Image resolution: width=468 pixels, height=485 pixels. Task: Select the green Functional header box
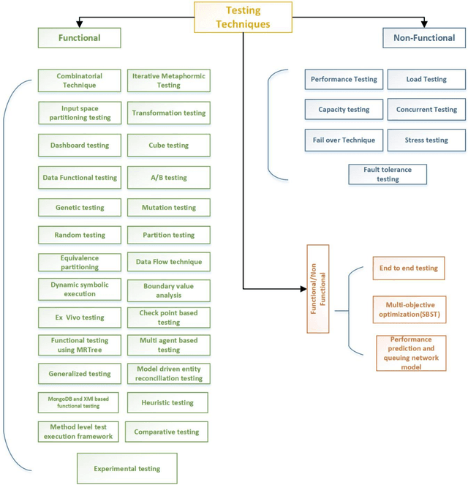click(x=80, y=37)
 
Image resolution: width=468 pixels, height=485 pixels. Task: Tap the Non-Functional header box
click(x=423, y=37)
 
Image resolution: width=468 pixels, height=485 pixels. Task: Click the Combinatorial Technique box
click(x=80, y=80)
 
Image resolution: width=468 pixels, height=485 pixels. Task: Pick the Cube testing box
click(x=168, y=145)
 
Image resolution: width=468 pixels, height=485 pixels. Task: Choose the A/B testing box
click(x=168, y=177)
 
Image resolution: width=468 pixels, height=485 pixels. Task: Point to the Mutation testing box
click(x=168, y=208)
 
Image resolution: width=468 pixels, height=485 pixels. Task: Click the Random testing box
click(x=80, y=235)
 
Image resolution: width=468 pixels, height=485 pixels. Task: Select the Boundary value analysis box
click(x=168, y=290)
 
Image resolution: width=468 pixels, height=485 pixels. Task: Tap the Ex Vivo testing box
click(x=80, y=317)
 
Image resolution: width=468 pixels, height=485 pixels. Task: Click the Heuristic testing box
click(x=168, y=402)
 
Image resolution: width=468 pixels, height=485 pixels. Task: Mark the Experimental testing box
click(x=127, y=468)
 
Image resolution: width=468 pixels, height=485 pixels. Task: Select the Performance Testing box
click(x=344, y=79)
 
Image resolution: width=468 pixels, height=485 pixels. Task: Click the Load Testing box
click(x=426, y=79)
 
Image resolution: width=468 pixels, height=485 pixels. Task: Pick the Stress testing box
click(x=426, y=140)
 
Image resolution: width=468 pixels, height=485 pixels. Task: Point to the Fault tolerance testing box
click(x=388, y=174)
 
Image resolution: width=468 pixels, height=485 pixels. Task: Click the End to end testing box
click(x=408, y=268)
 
